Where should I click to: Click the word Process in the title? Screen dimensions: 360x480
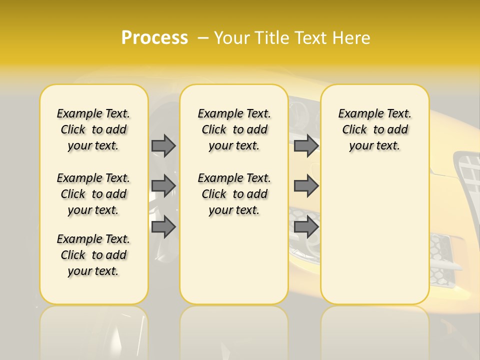[154, 38]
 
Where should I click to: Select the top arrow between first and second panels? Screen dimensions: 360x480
[163, 145]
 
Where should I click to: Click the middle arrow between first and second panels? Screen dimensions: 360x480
[163, 185]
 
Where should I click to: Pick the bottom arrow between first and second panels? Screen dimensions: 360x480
[163, 226]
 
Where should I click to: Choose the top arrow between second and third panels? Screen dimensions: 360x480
[306, 145]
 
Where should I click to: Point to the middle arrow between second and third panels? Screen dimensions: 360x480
[306, 185]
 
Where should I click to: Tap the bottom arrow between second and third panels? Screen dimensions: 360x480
[306, 226]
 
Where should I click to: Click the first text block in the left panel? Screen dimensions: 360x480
[93, 129]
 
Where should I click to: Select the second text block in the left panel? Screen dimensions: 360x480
[93, 194]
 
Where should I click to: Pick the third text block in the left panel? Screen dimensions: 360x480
[93, 255]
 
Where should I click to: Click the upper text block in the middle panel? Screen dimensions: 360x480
[234, 129]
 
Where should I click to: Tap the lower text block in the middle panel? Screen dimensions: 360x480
[234, 194]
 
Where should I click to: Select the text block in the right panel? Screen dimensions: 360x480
[374, 129]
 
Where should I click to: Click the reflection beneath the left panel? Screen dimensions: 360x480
[93, 330]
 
